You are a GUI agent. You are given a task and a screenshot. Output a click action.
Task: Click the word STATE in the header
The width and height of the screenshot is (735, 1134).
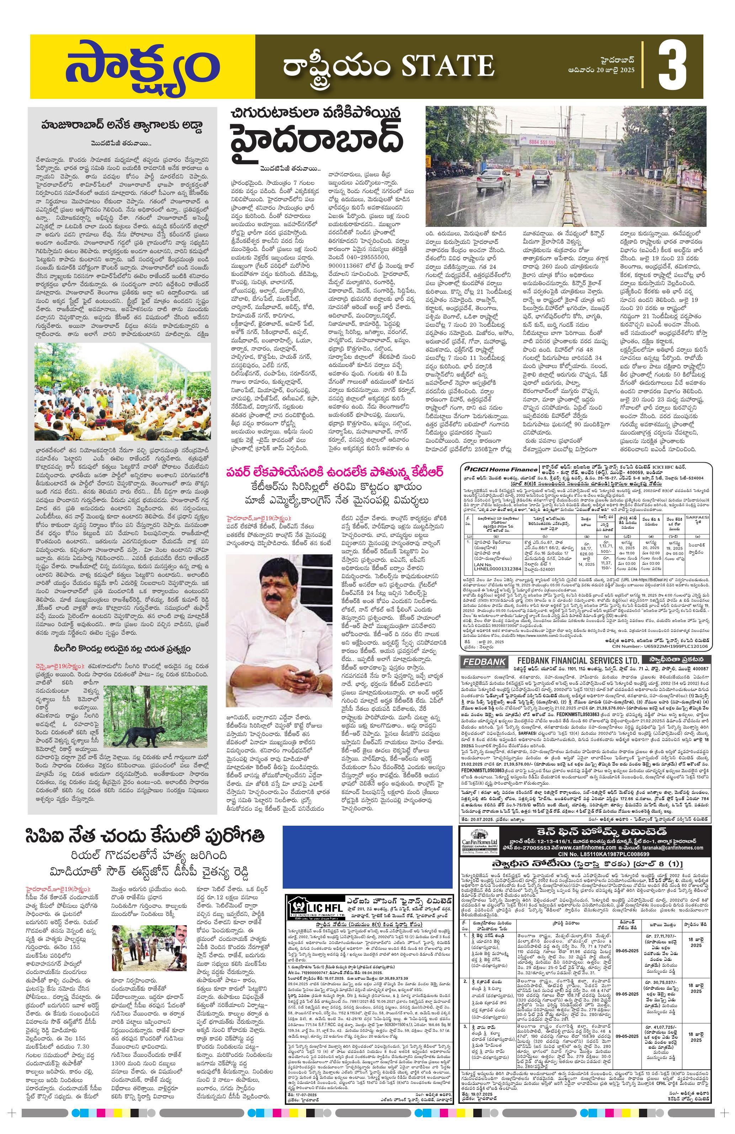click(x=447, y=65)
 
